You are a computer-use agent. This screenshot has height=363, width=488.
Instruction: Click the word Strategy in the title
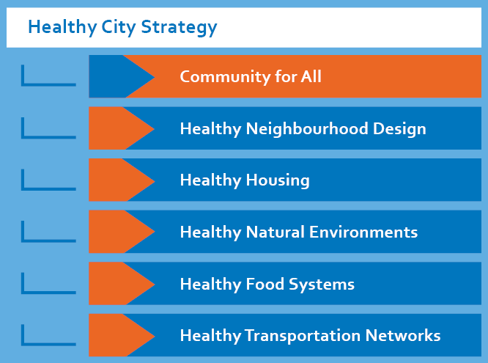point(179,27)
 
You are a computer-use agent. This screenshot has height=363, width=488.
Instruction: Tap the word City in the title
point(119,27)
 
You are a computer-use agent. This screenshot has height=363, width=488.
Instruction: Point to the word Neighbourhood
point(307,128)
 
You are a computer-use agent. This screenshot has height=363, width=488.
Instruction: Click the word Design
point(399,129)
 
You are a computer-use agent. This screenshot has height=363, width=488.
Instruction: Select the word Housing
point(278,180)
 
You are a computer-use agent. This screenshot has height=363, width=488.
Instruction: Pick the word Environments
point(363,232)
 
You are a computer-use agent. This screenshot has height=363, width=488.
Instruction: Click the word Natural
point(276,232)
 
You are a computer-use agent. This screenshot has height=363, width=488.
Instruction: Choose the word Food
point(265,284)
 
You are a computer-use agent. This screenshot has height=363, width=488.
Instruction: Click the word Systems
point(322,285)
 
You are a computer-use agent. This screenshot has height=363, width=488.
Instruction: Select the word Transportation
point(303,336)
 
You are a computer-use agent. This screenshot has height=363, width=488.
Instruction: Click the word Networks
point(403,335)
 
